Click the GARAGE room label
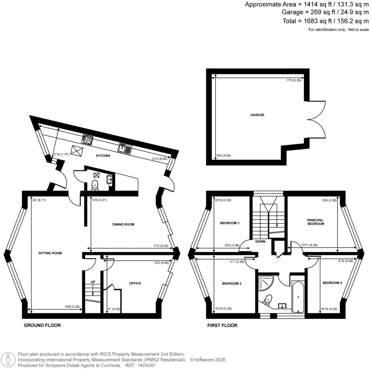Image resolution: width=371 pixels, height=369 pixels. click(x=257, y=115)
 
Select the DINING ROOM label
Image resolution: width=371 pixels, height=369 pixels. click(x=123, y=224)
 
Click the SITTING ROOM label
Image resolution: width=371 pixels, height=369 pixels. click(x=51, y=253)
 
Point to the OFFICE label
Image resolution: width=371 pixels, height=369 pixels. click(x=135, y=283)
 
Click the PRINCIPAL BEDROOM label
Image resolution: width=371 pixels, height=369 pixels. click(x=315, y=222)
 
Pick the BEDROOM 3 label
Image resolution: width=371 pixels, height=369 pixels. click(x=230, y=223)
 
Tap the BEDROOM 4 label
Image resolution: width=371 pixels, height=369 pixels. click(x=332, y=283)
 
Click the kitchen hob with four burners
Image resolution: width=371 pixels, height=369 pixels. click(x=88, y=139)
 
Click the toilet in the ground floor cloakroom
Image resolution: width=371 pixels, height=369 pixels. click(x=95, y=185)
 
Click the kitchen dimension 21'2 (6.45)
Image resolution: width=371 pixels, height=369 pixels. click(x=159, y=159)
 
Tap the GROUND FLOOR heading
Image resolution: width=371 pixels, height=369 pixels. click(x=42, y=326)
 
